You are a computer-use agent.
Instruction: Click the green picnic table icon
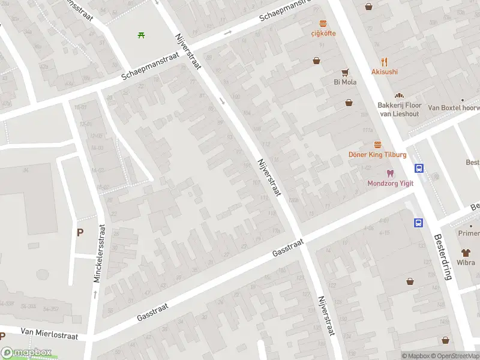(x=141, y=35)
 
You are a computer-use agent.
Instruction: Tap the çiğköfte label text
(x=323, y=34)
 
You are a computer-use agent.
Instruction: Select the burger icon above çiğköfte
(x=323, y=24)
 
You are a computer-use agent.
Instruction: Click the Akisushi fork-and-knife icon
(x=385, y=62)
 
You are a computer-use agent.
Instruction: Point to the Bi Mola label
(x=345, y=82)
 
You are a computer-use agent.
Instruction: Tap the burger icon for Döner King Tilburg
(x=377, y=145)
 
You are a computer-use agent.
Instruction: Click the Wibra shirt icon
(x=466, y=253)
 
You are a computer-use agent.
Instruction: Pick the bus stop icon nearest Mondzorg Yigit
(x=419, y=169)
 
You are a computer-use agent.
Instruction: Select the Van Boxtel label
(x=454, y=109)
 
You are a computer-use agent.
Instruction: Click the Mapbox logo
(x=26, y=353)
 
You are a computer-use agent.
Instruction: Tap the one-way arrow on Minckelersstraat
(x=95, y=294)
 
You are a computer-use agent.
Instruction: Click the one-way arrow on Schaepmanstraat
(x=227, y=32)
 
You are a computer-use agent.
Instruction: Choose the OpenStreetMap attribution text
(x=459, y=356)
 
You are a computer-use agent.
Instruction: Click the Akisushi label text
(x=385, y=72)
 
